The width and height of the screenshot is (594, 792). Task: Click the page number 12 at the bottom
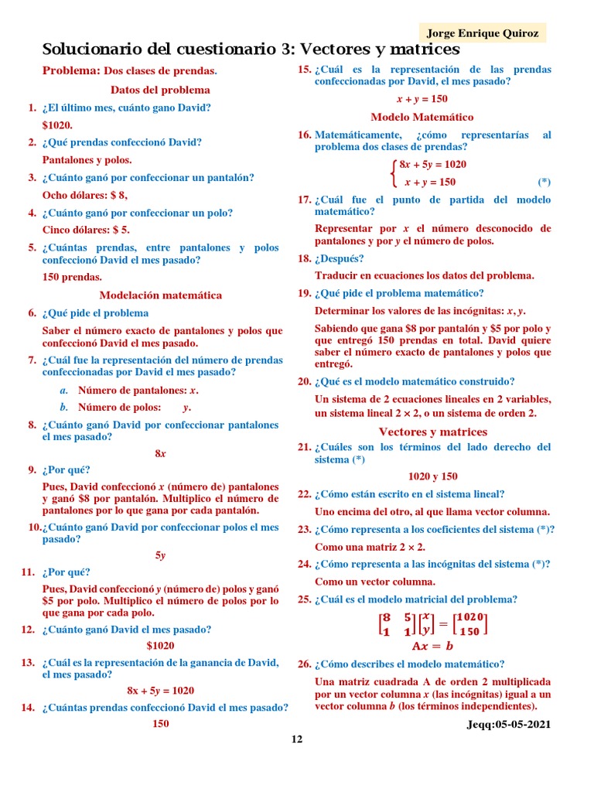coord(297,739)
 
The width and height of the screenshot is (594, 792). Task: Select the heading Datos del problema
coord(160,90)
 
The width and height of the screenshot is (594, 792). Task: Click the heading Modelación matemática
coord(160,295)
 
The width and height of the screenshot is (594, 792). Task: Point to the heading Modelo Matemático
coord(422,117)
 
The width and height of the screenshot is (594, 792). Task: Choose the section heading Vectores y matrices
coord(432,432)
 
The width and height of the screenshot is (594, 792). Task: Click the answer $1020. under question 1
coord(58,125)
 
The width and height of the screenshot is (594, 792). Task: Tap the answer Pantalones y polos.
coord(87,160)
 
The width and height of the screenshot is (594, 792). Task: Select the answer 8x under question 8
coord(160,453)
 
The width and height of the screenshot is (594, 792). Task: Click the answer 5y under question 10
coord(160,555)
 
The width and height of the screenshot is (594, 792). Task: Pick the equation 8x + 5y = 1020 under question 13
coord(160,691)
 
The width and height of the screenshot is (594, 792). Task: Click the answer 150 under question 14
coord(160,724)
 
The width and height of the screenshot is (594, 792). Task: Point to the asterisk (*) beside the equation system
coord(544,183)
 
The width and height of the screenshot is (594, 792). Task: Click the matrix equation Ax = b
coord(432,646)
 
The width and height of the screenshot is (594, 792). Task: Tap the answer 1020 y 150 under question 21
coord(432,476)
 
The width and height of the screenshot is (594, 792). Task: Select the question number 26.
coord(304,664)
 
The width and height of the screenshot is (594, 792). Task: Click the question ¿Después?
coord(339,258)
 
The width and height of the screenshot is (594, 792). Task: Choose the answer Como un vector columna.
coord(375,582)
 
